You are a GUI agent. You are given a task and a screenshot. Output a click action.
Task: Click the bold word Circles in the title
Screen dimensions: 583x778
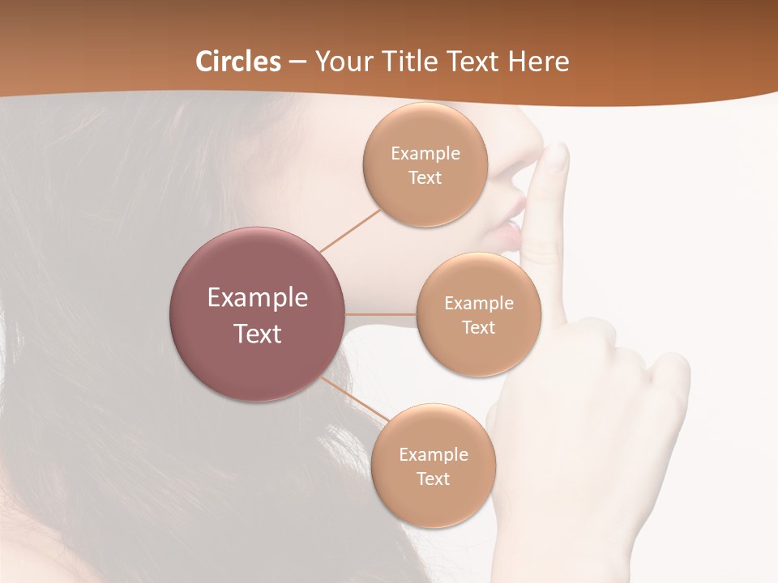237,62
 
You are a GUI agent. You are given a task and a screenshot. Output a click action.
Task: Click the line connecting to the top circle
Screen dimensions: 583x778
350,231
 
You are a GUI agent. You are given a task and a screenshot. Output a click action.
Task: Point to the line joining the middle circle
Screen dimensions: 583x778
381,314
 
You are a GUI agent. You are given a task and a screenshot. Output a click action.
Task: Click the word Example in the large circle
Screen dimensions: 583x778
258,298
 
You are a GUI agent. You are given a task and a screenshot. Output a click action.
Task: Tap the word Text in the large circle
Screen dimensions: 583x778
258,334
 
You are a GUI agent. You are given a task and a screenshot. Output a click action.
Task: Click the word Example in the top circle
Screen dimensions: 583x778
425,154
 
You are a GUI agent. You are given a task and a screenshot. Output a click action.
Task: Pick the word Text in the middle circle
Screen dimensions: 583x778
478,327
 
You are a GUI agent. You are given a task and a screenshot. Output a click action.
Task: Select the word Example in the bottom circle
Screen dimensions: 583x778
434,454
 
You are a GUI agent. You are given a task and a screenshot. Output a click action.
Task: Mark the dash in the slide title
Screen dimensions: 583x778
297,62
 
